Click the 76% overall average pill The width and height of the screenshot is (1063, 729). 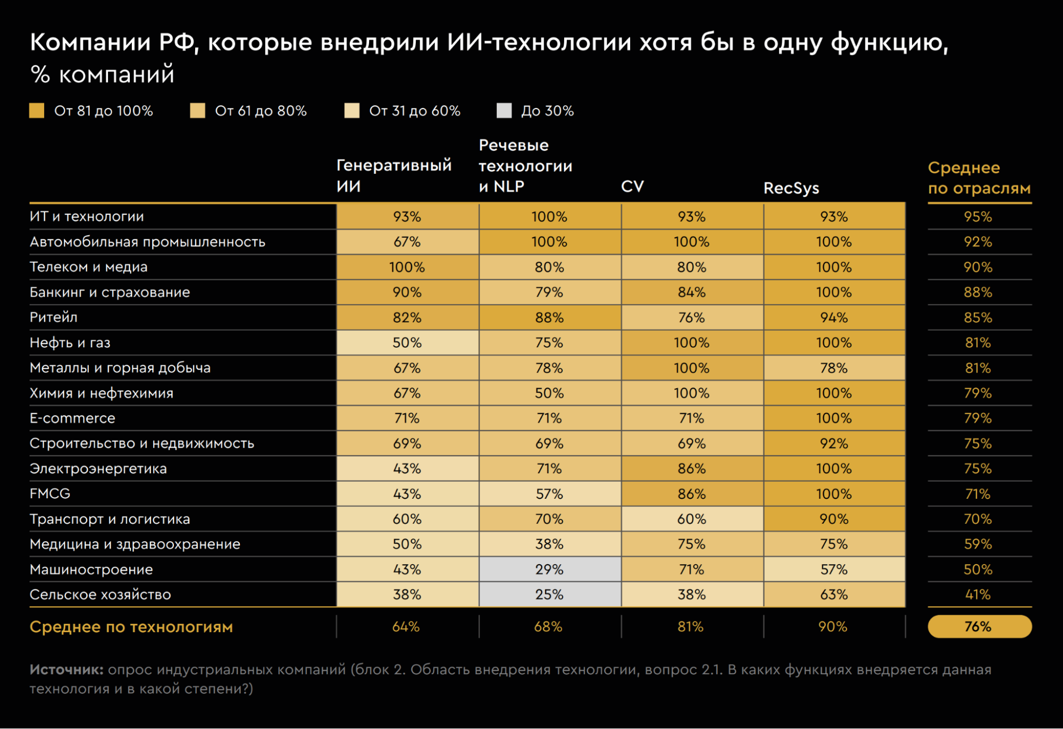click(x=979, y=626)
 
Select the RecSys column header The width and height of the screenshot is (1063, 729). click(x=791, y=188)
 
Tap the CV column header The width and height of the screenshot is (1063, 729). click(x=632, y=187)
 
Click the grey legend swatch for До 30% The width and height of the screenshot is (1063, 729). click(x=504, y=111)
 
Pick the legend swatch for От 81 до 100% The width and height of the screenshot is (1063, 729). click(x=37, y=111)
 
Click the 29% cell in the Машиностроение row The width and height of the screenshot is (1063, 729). click(x=549, y=569)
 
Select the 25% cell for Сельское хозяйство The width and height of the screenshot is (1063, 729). click(x=549, y=594)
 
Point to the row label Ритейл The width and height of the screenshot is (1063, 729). click(x=54, y=317)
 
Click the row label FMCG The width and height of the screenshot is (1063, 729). click(x=50, y=494)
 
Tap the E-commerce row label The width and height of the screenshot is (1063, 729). click(x=72, y=418)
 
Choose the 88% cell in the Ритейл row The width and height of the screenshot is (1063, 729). click(x=549, y=317)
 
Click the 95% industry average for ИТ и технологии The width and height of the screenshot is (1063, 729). click(x=978, y=217)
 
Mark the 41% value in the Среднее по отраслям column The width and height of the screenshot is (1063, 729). click(x=978, y=594)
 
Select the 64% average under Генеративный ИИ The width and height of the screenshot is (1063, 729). click(x=406, y=627)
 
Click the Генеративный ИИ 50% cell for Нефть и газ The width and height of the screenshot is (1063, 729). click(x=407, y=343)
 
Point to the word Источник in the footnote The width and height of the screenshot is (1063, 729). click(x=66, y=669)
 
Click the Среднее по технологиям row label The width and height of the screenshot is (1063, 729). click(x=131, y=627)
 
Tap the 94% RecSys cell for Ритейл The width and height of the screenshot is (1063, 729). click(x=834, y=317)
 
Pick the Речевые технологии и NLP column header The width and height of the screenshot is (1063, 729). click(x=525, y=166)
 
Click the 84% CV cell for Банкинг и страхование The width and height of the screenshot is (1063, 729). click(x=691, y=292)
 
